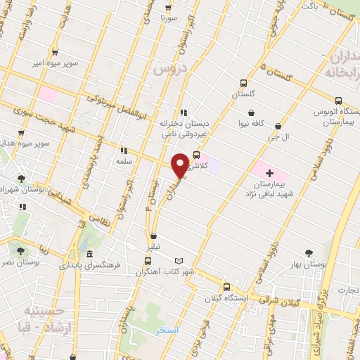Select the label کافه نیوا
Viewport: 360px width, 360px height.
pyautogui.click(x=251, y=124)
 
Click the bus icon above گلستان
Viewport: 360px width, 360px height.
pyautogui.click(x=242, y=82)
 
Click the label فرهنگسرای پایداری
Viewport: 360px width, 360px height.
pyautogui.click(x=92, y=266)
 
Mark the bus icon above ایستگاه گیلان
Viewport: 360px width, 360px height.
pyautogui.click(x=226, y=286)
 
